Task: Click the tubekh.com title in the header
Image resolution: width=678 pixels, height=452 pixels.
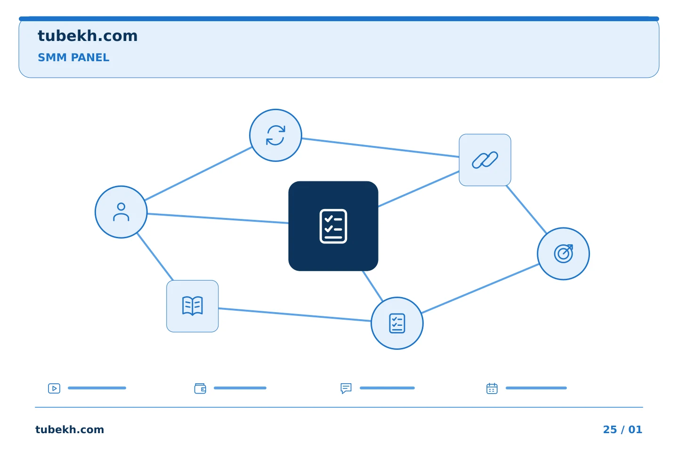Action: tap(88, 36)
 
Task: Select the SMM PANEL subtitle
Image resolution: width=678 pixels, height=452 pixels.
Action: tap(73, 57)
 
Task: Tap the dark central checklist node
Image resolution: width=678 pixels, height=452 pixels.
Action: tap(333, 226)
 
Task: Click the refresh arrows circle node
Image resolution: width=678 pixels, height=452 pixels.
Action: tap(275, 135)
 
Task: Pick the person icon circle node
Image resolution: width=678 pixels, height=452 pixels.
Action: tap(121, 212)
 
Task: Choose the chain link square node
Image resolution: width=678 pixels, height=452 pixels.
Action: tap(485, 160)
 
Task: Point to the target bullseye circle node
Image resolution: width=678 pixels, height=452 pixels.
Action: tap(563, 254)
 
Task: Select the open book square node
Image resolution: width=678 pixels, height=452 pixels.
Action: tap(192, 306)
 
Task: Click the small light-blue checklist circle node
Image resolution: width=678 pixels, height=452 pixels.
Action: tap(397, 323)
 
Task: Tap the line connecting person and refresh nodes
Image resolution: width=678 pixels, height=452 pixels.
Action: tap(198, 174)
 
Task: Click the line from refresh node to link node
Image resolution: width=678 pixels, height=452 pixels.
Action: tap(380, 147)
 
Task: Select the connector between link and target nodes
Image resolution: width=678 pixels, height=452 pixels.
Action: tap(526, 210)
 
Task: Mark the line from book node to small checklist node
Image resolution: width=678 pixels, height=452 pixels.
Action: tap(295, 315)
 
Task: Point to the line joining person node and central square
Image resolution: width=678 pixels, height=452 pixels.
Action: tap(218, 218)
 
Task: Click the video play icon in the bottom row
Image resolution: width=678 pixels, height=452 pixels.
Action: tap(54, 388)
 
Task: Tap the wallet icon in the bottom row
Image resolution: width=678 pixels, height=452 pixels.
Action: tap(200, 388)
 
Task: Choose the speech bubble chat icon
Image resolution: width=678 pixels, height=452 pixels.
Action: tap(346, 388)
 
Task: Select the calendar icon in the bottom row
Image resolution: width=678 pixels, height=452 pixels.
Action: tap(492, 388)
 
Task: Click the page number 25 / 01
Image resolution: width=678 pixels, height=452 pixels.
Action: tap(622, 429)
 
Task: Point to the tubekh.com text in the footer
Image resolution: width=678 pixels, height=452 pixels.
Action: tap(70, 429)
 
